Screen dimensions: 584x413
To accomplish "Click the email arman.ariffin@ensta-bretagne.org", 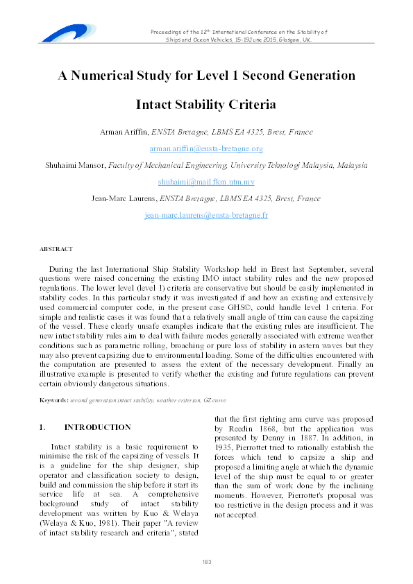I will pos(206,148).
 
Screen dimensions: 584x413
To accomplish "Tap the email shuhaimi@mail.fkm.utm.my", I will pos(206,182).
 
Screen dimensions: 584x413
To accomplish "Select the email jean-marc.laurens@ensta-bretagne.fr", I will pos(206,215).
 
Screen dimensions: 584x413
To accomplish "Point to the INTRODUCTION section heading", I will pos(97,427).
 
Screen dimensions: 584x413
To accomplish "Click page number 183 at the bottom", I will pos(206,561).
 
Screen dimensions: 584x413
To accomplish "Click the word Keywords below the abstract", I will pos(53,401).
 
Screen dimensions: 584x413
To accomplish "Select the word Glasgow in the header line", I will pos(286,40).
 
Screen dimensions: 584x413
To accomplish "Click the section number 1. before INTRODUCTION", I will pos(42,427).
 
